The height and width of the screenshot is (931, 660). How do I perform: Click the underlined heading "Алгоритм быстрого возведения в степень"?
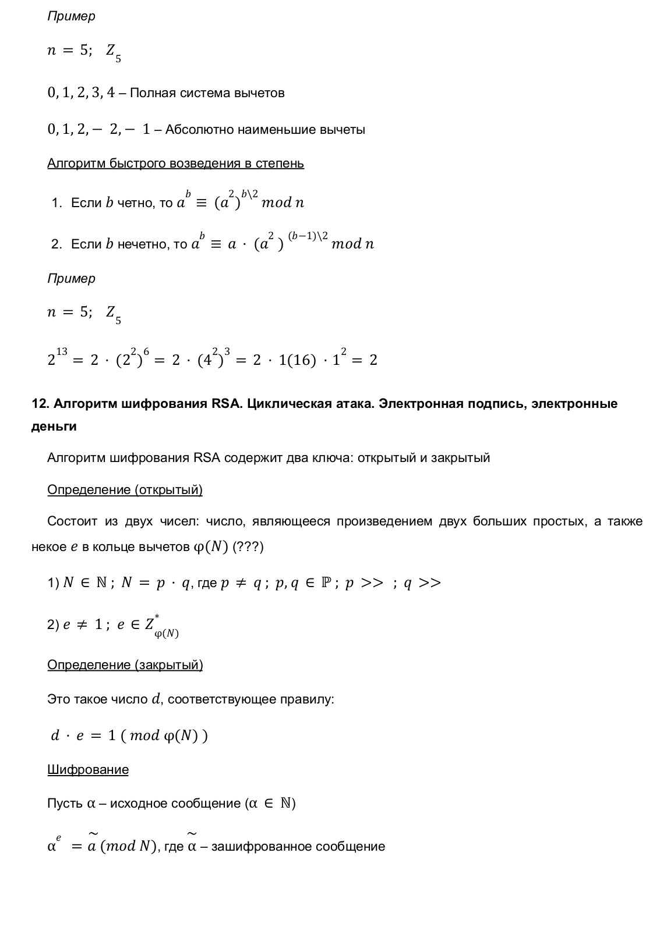click(175, 164)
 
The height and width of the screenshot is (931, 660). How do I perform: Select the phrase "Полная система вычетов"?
click(207, 93)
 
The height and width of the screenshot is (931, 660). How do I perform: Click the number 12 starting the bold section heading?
click(38, 404)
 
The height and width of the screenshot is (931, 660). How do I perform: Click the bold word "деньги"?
click(54, 427)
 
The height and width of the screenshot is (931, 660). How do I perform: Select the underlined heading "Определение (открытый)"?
click(125, 490)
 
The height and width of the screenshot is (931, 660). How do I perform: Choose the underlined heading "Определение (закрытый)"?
click(125, 665)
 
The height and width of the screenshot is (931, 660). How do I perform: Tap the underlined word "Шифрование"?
click(88, 770)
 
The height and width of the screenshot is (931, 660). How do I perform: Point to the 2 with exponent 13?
click(52, 360)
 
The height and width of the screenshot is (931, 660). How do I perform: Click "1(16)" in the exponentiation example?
click(297, 360)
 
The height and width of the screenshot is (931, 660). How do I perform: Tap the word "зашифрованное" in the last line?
click(260, 847)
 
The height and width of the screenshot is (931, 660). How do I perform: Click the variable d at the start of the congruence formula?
click(55, 735)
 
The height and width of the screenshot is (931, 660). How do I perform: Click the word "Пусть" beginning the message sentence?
click(65, 804)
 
